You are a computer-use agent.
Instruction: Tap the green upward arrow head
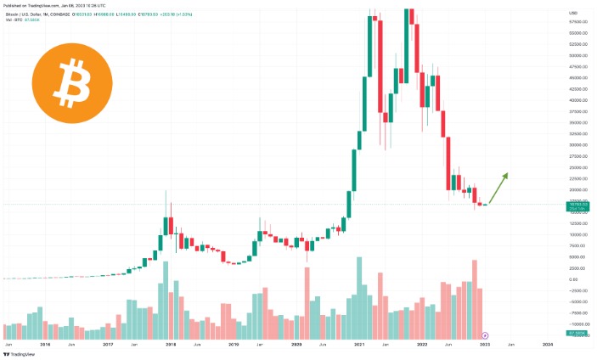coord(505,175)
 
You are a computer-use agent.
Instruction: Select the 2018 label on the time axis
coord(171,344)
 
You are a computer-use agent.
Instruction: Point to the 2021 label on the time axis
coord(359,344)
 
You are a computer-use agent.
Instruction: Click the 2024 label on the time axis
coord(547,344)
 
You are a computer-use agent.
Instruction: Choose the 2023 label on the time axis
coord(484,344)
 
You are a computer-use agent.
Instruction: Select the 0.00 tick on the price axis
coord(574,279)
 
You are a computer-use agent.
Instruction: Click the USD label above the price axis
coord(573,13)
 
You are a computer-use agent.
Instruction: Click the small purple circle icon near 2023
coord(485,335)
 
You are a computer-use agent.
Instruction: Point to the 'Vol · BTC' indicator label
coord(17,20)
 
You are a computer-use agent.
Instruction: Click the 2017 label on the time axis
coord(108,344)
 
